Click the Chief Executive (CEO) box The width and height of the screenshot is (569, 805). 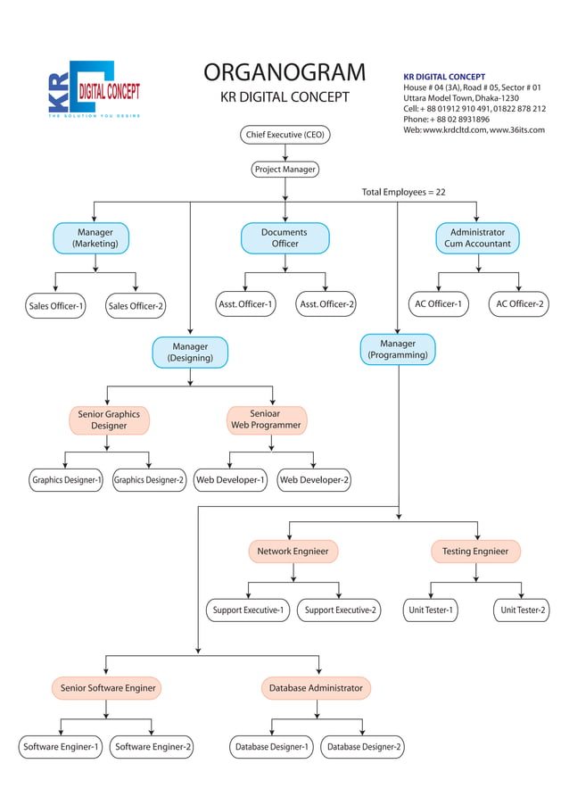tap(284, 135)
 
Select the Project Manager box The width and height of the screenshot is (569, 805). tap(284, 169)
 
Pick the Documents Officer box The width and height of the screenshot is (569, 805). tap(284, 238)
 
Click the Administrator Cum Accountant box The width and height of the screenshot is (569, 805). tap(477, 238)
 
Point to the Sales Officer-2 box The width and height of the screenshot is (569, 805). tap(136, 306)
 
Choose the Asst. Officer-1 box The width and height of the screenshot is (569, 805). tap(245, 304)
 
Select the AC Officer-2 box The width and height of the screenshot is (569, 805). tap(520, 304)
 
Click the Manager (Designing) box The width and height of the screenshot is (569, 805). tap(190, 353)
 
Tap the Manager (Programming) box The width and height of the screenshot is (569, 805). tap(398, 350)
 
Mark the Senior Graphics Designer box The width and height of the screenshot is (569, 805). tap(109, 420)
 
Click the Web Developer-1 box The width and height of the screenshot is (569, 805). tap(230, 480)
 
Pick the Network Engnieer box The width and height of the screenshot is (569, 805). tap(293, 552)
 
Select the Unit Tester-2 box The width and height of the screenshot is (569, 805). tap(522, 610)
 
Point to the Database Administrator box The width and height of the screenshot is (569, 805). tap(316, 688)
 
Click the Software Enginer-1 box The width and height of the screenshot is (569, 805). tap(62, 747)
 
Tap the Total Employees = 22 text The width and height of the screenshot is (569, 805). tap(403, 192)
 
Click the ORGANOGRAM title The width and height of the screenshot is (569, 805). tap(284, 72)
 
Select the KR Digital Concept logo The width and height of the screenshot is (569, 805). tap(94, 90)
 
